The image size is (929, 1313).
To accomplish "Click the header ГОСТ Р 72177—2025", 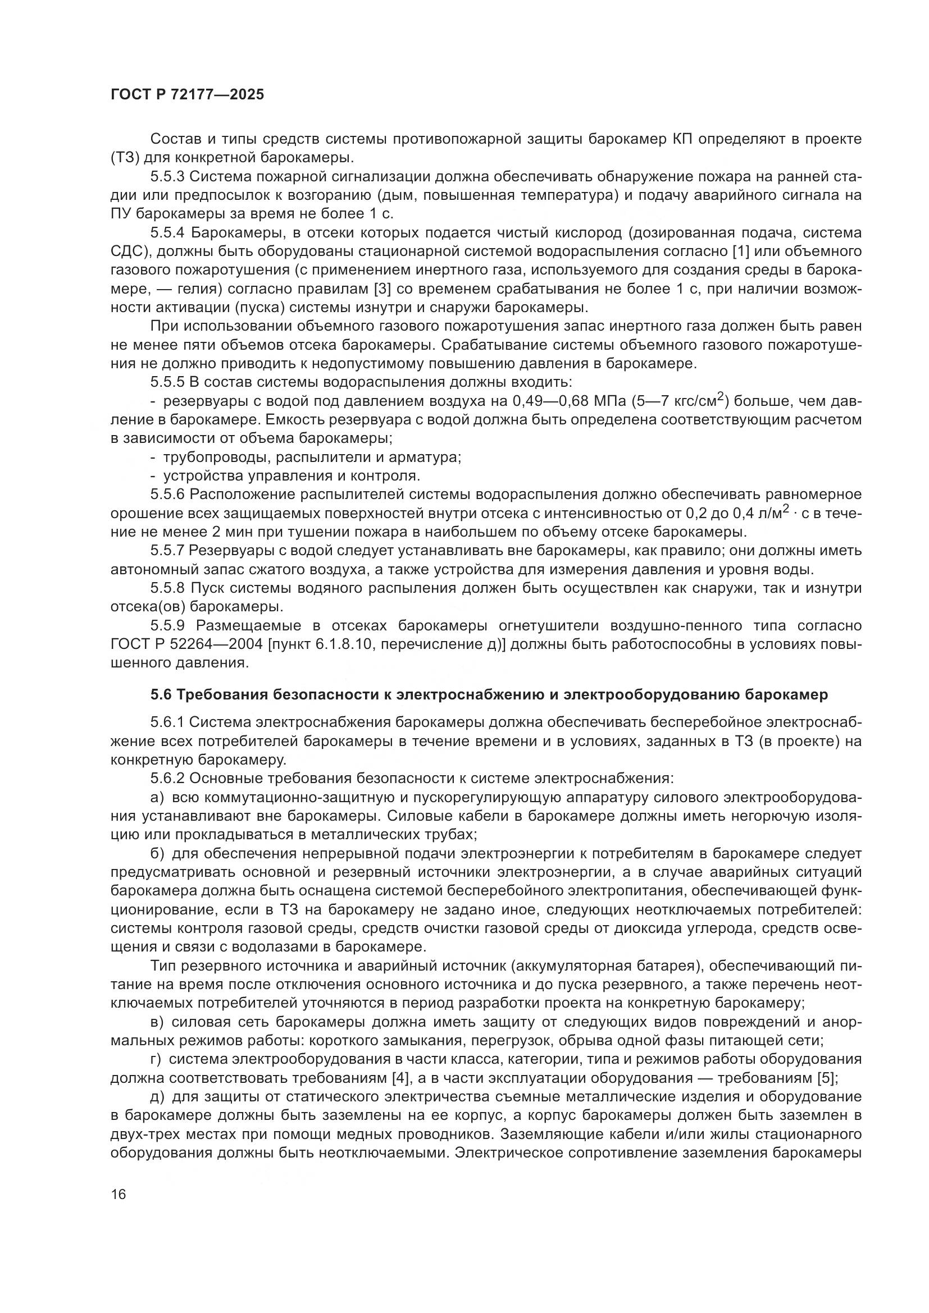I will click(x=187, y=94).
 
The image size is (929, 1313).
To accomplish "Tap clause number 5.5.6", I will click(x=168, y=495).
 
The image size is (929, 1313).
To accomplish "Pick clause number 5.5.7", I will click(x=168, y=551).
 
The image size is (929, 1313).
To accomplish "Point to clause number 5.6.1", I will click(x=168, y=723).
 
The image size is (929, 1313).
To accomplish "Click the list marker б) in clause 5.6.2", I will click(x=157, y=854).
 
